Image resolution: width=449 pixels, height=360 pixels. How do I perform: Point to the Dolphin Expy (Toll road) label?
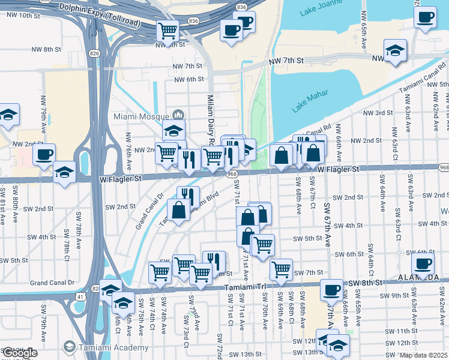(x=99, y=14)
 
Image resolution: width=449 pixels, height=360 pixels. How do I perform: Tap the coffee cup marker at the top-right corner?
(x=426, y=17)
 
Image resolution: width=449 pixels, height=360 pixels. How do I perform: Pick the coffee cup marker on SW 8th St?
(x=331, y=290)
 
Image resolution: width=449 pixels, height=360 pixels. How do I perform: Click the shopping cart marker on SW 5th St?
(x=262, y=244)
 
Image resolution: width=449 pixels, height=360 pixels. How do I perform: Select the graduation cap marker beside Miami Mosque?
(x=173, y=130)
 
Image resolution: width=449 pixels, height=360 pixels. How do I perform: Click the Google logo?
(x=20, y=353)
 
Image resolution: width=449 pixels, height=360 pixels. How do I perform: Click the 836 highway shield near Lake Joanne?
(x=242, y=7)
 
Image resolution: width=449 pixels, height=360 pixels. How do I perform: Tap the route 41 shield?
(x=80, y=296)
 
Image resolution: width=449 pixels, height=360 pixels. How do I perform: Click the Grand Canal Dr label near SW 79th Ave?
(x=52, y=282)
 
